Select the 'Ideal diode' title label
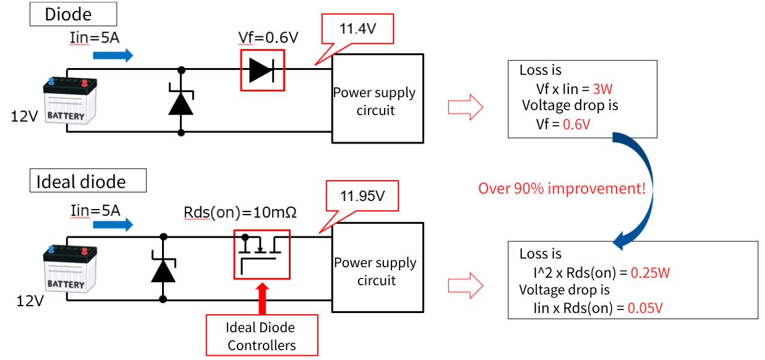pyautogui.click(x=88, y=181)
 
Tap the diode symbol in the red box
pyautogui.click(x=262, y=71)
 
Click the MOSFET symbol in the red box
pyautogui.click(x=261, y=254)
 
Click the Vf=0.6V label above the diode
pyautogui.click(x=268, y=37)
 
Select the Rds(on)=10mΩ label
pyautogui.click(x=241, y=212)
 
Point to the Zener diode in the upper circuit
pyautogui.click(x=181, y=102)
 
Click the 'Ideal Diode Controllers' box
pyautogui.click(x=262, y=336)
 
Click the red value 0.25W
pyautogui.click(x=650, y=272)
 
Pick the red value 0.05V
pyautogui.click(x=646, y=307)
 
